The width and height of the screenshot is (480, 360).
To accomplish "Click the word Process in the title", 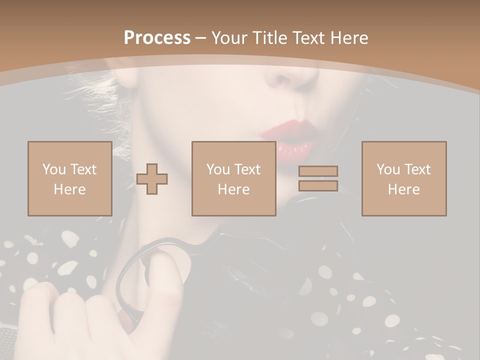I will click(x=157, y=37).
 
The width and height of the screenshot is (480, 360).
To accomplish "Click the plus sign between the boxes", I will click(x=152, y=179).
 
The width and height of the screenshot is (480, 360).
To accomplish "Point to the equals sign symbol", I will click(x=318, y=178).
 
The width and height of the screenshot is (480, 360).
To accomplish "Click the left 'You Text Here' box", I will click(x=70, y=178).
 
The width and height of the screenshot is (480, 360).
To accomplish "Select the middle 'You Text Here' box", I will click(x=234, y=178).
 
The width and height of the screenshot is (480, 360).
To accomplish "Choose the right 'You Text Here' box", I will click(x=404, y=178).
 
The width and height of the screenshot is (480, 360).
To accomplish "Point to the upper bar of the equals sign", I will click(x=318, y=171).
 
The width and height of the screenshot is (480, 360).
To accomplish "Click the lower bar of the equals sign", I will click(x=318, y=186).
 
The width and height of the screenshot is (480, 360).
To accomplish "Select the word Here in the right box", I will click(x=404, y=189).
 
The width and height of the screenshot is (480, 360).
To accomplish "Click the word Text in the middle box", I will click(x=247, y=169).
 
